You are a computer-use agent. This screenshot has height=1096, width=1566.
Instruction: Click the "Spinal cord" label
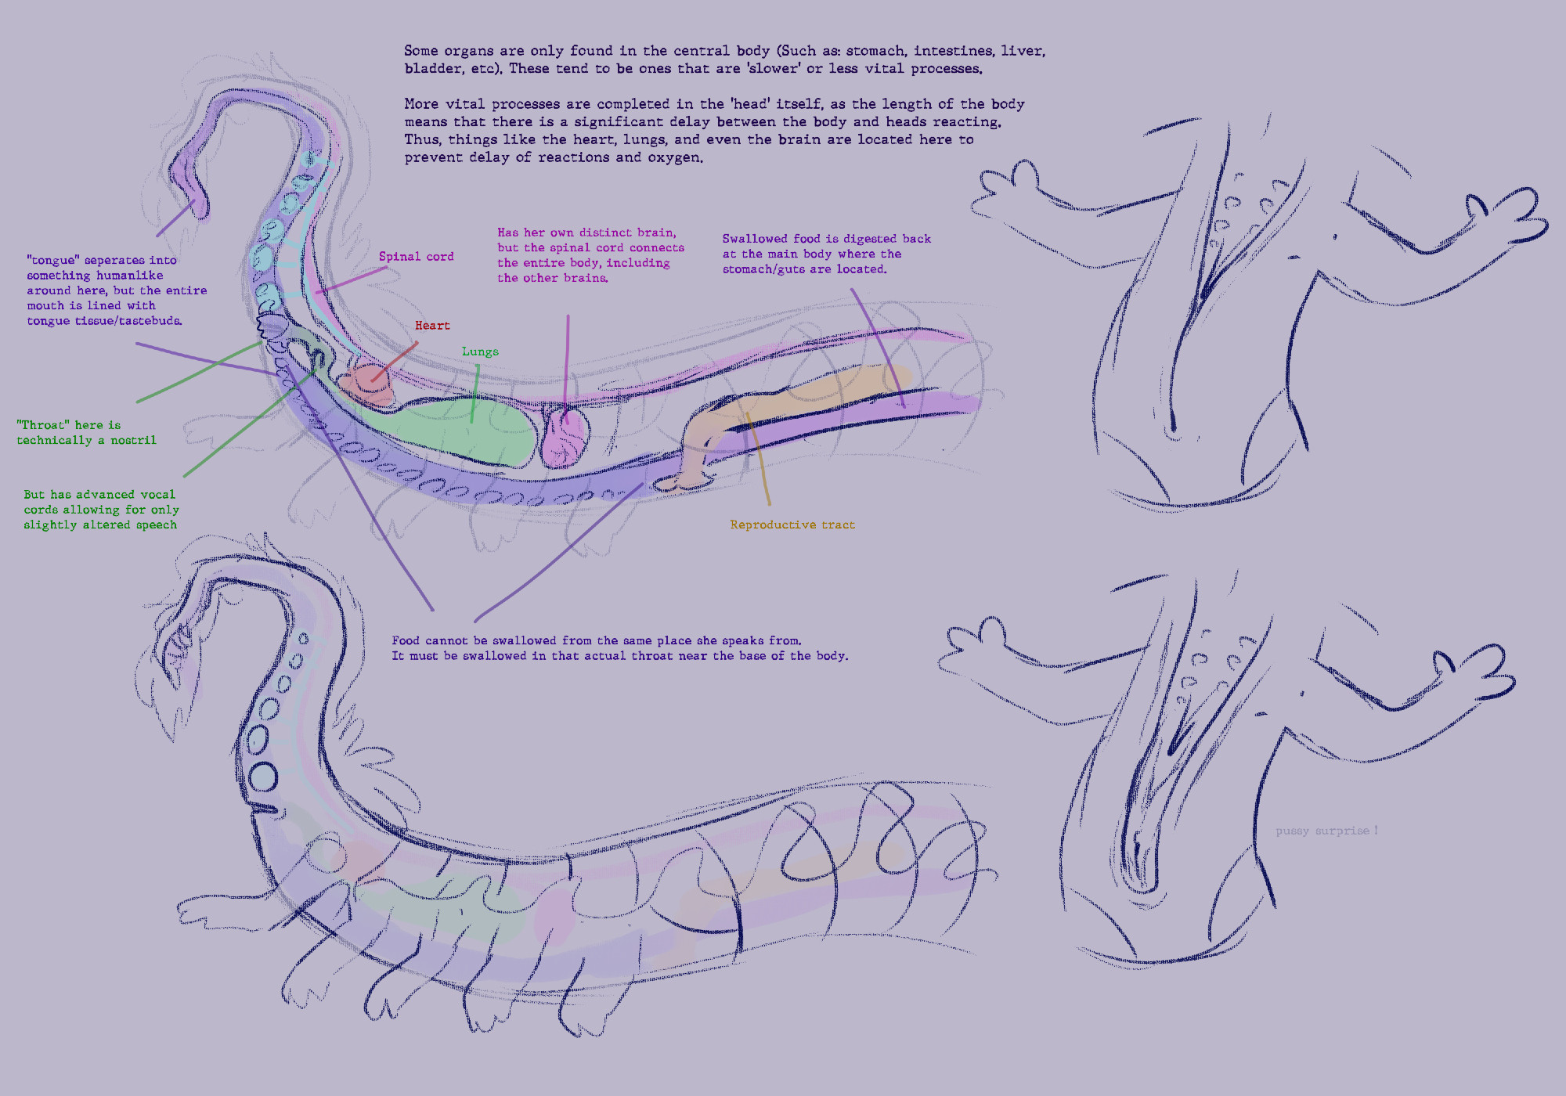pos(416,257)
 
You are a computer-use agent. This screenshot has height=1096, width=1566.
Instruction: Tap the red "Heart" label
pos(432,326)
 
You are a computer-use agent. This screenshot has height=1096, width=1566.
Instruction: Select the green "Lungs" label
pos(480,352)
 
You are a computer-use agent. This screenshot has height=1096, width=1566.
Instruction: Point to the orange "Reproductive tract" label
pos(792,525)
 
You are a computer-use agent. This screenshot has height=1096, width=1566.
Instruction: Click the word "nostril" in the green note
pos(133,441)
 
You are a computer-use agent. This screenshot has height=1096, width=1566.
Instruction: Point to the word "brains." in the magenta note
pos(587,278)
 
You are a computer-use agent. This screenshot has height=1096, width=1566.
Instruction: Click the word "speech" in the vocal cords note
pos(156,525)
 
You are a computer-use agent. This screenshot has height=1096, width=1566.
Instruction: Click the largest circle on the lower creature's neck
pos(263,777)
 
